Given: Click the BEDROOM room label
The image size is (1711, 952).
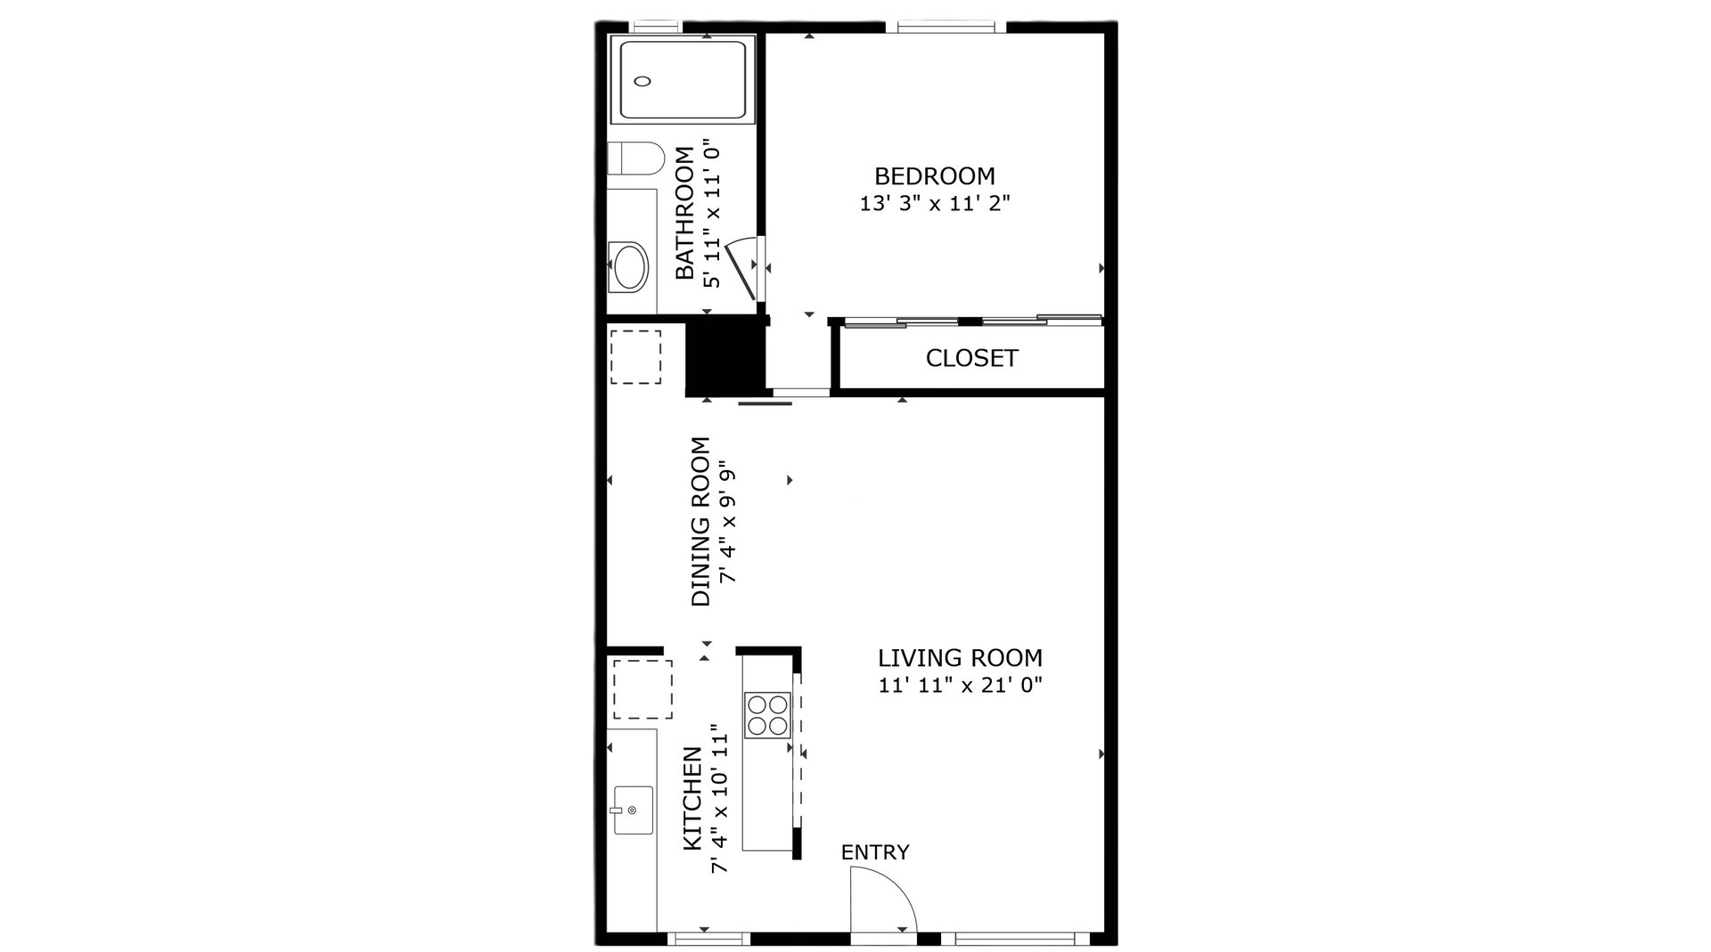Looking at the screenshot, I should (x=934, y=176).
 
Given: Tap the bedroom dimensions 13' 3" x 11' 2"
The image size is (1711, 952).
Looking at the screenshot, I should (x=934, y=204).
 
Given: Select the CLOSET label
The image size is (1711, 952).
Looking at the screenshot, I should (x=971, y=358).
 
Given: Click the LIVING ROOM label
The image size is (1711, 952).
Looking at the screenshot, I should (x=960, y=658).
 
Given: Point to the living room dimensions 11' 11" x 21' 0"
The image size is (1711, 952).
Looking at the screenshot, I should (x=960, y=686).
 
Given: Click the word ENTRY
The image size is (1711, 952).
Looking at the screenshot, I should (x=875, y=852).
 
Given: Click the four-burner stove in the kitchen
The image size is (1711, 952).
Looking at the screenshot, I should (x=767, y=715).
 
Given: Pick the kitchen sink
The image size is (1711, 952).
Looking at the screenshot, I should (x=633, y=810).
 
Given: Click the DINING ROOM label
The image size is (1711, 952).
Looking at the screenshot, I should (x=701, y=521).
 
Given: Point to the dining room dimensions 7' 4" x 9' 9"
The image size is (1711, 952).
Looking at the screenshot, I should (x=729, y=521).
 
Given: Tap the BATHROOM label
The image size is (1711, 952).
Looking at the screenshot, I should (x=684, y=213).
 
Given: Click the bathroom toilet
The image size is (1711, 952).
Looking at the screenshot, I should (x=635, y=159).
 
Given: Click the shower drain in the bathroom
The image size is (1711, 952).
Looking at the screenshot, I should (x=643, y=81).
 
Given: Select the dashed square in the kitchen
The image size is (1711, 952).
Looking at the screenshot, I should (x=642, y=689).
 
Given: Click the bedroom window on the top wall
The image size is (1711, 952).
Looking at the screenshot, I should (x=952, y=28).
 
